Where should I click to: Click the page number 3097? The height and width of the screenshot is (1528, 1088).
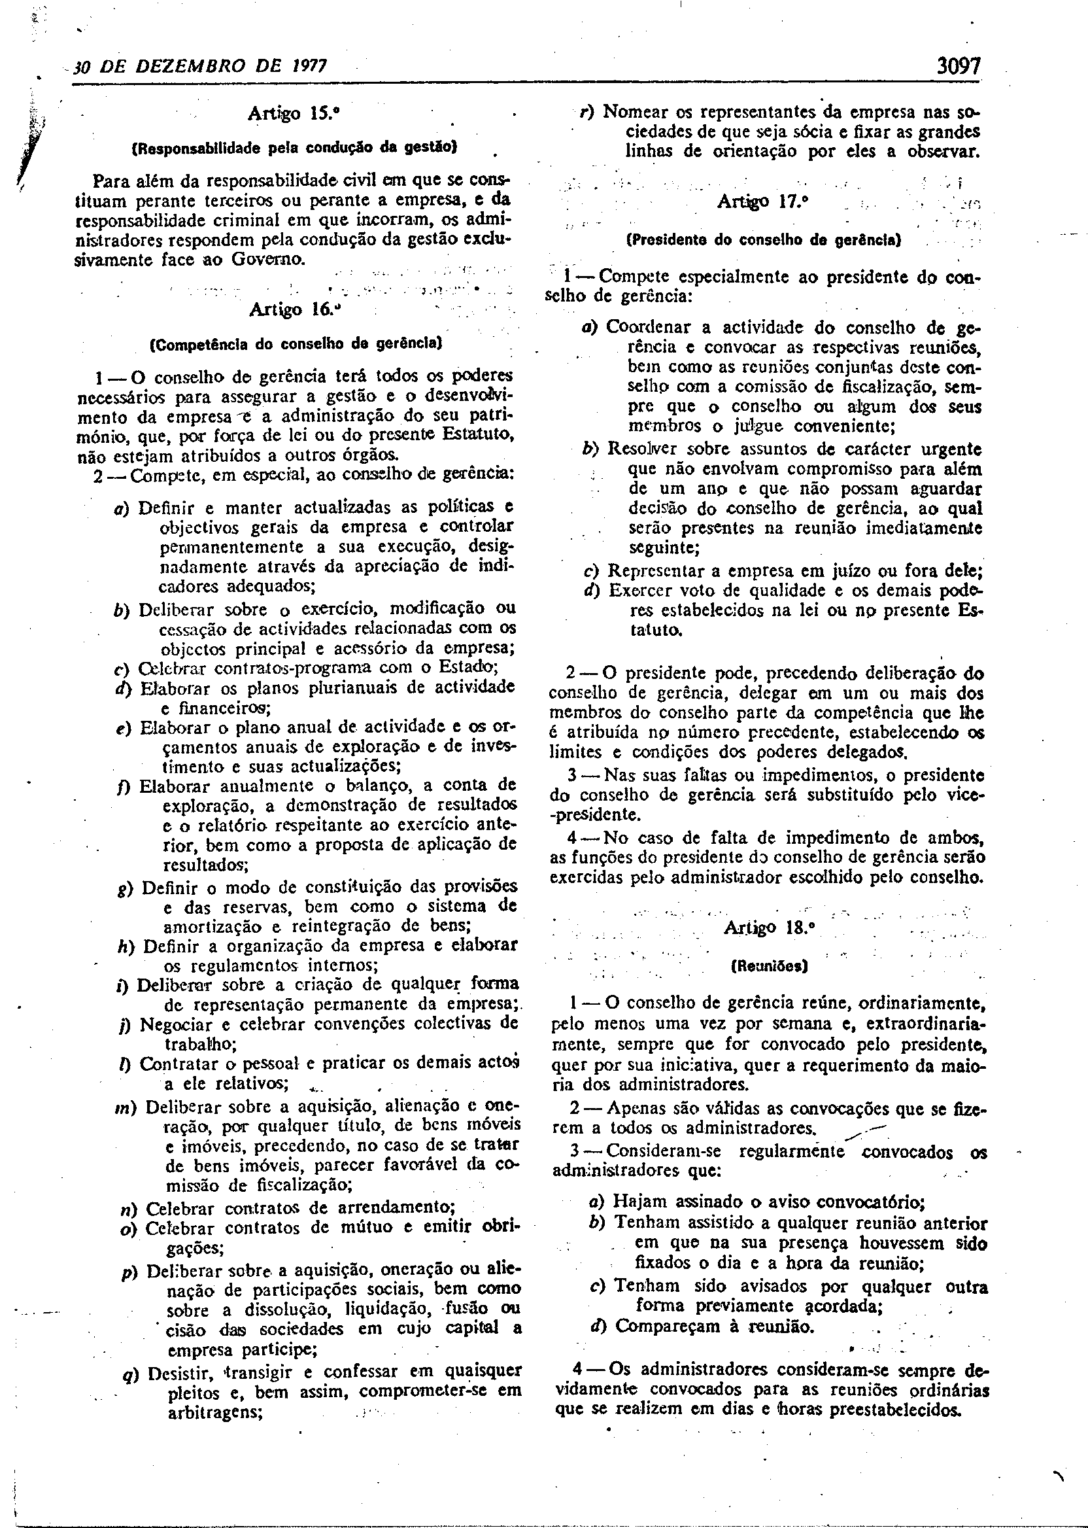click(x=959, y=66)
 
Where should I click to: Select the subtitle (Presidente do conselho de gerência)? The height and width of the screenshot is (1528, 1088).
click(x=764, y=239)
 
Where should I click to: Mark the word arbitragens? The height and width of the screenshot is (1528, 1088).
click(x=212, y=1411)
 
